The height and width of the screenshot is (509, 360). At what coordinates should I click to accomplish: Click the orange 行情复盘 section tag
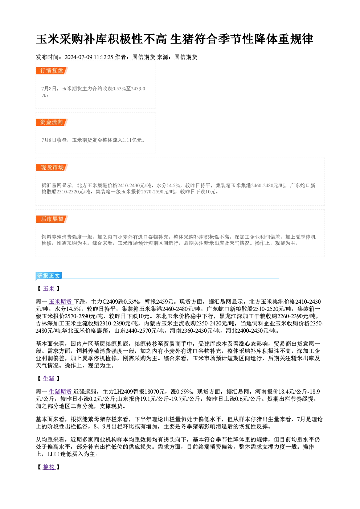pyautogui.click(x=52, y=71)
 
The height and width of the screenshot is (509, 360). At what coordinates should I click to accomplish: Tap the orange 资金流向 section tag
pyautogui.click(x=52, y=122)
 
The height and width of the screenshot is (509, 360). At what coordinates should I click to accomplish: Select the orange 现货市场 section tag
pyautogui.click(x=52, y=168)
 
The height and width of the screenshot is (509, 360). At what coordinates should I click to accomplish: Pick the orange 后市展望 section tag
pyautogui.click(x=52, y=219)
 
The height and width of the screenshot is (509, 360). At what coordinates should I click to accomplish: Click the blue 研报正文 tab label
pyautogui.click(x=49, y=276)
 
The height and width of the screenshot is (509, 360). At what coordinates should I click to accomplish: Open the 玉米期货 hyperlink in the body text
pyautogui.click(x=61, y=301)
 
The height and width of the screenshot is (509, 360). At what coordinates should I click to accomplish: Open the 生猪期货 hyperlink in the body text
pyautogui.click(x=61, y=391)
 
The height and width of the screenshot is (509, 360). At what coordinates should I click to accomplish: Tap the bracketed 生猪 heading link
pyautogui.click(x=49, y=378)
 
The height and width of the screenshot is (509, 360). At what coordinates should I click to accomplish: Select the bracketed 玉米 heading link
pyautogui.click(x=49, y=288)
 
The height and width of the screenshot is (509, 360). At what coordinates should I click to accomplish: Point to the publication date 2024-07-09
pyautogui.click(x=78, y=57)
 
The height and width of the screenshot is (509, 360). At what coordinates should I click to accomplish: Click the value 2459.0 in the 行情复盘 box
pyautogui.click(x=138, y=89)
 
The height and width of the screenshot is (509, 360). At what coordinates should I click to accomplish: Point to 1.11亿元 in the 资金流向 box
pyautogui.click(x=132, y=140)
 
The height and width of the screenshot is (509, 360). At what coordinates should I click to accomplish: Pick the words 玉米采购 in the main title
pyautogui.click(x=60, y=39)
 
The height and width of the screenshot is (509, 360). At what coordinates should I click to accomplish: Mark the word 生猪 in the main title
pyautogui.click(x=182, y=39)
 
